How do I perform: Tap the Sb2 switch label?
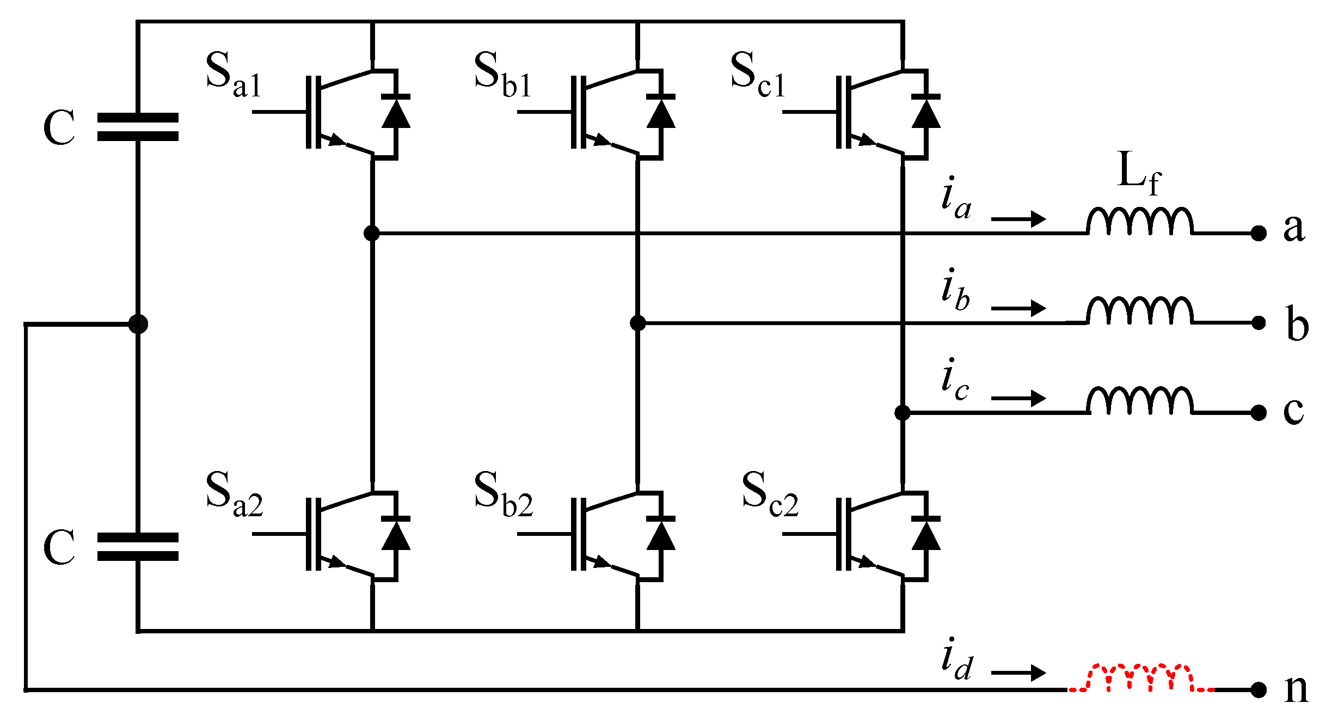[x=502, y=494]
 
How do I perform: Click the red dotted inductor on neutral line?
[x=1140, y=679]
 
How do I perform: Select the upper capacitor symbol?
[x=138, y=127]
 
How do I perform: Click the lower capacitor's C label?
[x=58, y=547]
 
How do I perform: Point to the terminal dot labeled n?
[x=1258, y=690]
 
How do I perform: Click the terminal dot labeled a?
[x=1258, y=233]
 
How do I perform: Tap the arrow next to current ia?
[x=1018, y=219]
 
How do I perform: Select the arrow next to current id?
[x=1018, y=673]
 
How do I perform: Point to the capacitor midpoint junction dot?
[x=138, y=324]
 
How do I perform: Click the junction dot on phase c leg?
[x=902, y=413]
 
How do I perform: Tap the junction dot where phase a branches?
[x=372, y=233]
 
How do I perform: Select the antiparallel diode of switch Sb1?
[x=661, y=113]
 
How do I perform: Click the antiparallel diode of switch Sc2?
[x=926, y=535]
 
